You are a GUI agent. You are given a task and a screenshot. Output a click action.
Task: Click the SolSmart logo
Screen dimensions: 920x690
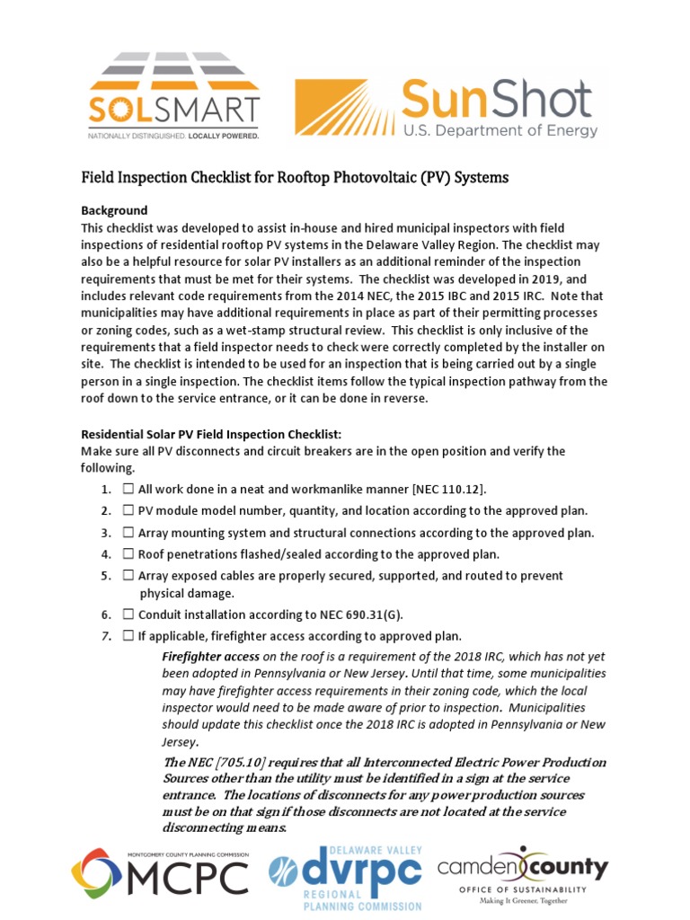tap(173, 95)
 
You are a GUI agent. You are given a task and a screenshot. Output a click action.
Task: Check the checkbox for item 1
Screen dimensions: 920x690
tap(128, 490)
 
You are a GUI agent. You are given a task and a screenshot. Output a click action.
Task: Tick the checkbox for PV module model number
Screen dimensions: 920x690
tap(128, 511)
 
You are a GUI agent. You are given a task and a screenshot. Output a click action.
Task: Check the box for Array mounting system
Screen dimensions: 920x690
tap(128, 533)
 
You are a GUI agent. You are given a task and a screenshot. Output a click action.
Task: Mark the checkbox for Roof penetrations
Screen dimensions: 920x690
tap(128, 554)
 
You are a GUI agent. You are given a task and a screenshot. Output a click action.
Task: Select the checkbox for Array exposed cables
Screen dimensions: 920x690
tap(128, 576)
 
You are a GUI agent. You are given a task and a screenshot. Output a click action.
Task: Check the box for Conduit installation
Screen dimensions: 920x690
tap(128, 615)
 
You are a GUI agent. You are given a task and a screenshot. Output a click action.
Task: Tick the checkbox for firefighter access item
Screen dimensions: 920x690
tap(128, 637)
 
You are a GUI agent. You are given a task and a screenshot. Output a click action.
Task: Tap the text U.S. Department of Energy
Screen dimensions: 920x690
tap(500, 131)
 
